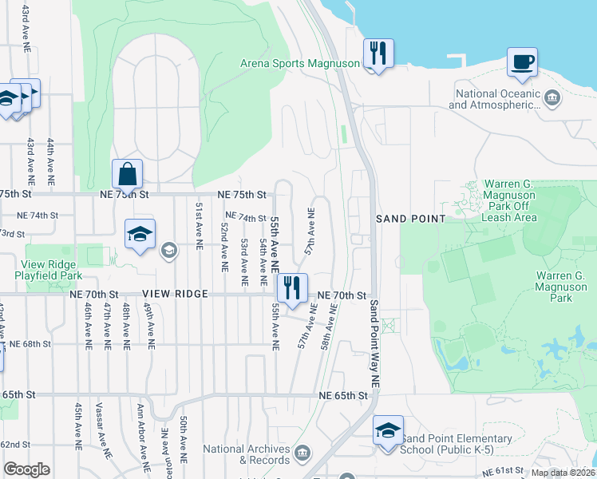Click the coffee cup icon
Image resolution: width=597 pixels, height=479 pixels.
point(522,62)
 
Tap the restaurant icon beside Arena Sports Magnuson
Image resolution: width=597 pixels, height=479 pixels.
point(377,54)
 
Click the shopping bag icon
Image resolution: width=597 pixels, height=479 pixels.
point(128,173)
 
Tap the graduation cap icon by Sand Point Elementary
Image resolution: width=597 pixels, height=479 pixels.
point(388,431)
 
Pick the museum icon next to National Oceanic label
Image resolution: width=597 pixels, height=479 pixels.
point(552,99)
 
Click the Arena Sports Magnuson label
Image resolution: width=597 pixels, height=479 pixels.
point(300,63)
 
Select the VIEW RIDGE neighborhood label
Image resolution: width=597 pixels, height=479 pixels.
point(165,295)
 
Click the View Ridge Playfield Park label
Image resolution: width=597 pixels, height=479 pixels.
point(49,270)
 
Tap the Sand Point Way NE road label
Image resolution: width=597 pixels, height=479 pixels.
point(374,343)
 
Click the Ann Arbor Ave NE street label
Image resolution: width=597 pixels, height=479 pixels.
point(141,440)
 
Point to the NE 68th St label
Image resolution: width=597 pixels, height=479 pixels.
point(30,344)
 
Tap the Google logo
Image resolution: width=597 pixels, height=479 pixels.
point(27,469)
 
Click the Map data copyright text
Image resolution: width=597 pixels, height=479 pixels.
point(563,473)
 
